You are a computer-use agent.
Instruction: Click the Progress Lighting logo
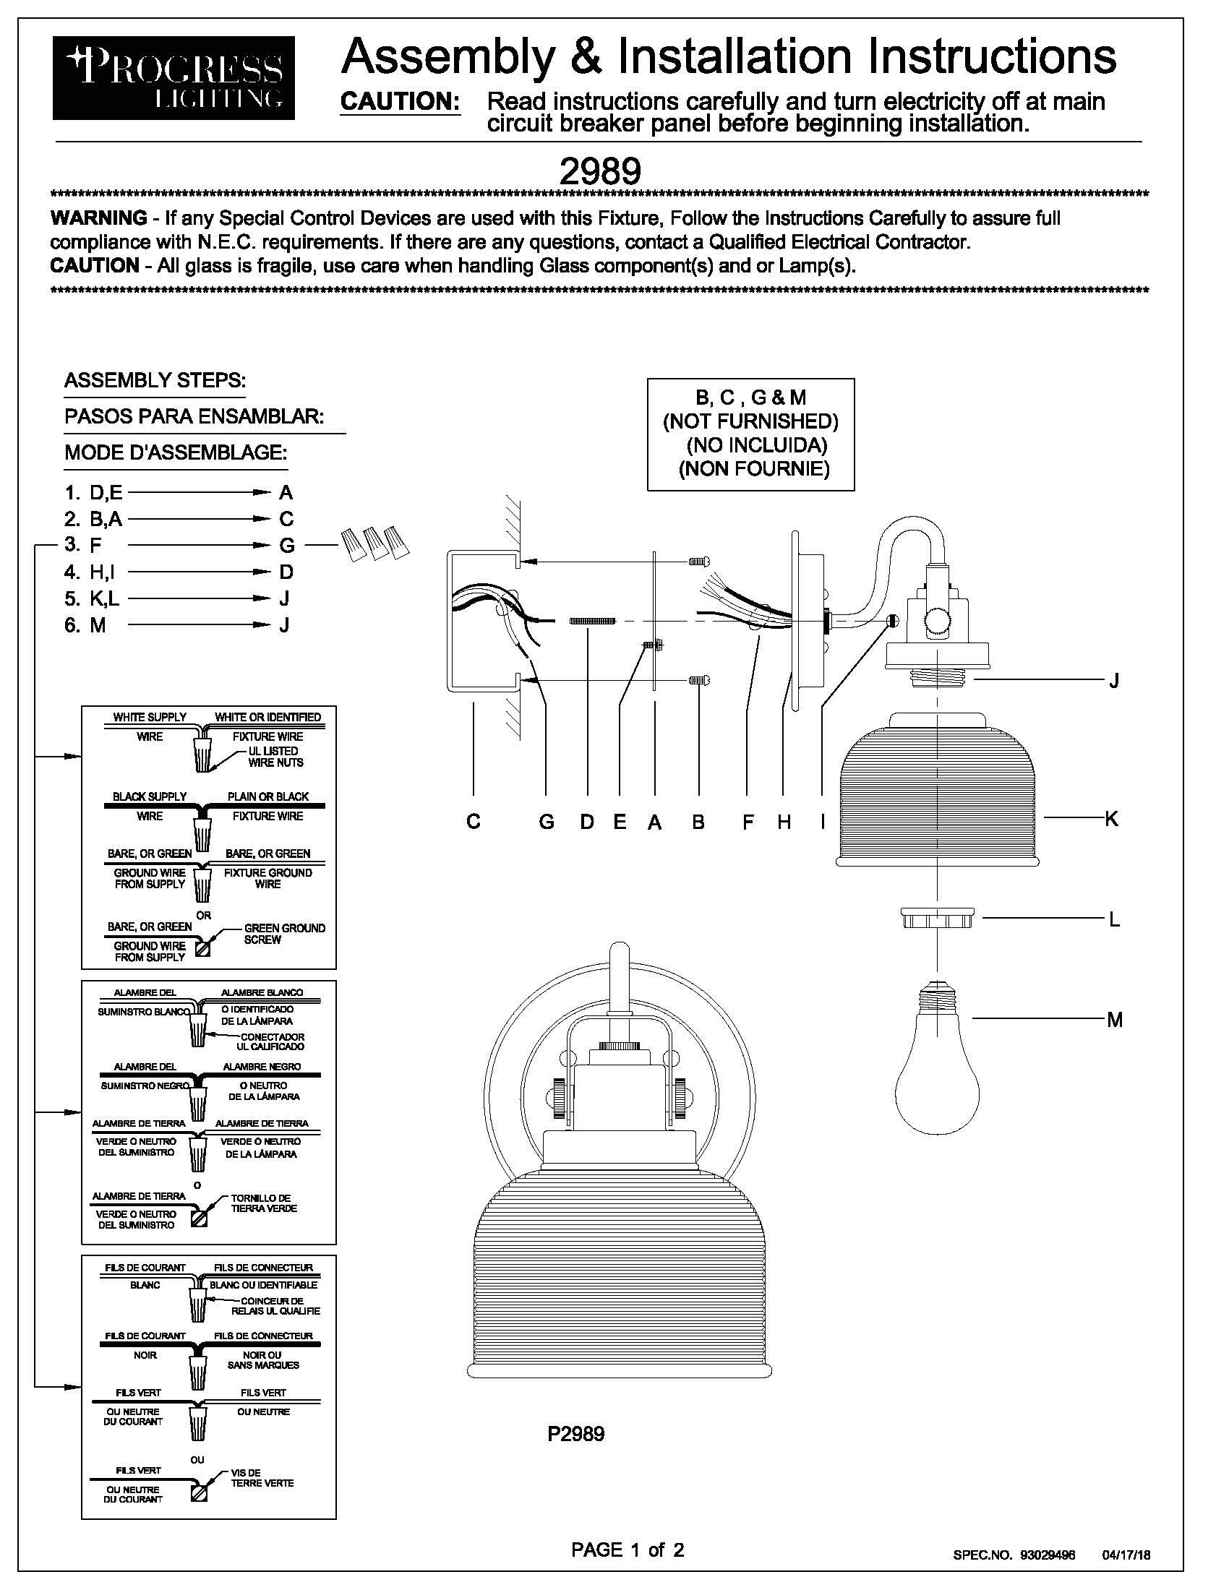point(174,78)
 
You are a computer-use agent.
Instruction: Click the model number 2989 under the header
point(599,172)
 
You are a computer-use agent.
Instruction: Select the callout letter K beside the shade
point(1110,818)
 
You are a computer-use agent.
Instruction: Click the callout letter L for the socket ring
point(1114,919)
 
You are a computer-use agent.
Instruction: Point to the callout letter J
point(1113,681)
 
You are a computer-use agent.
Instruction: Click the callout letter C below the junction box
point(474,822)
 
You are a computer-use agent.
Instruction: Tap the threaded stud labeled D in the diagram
point(592,620)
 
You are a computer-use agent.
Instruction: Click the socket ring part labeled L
point(936,918)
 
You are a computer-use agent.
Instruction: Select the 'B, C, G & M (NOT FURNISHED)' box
point(750,434)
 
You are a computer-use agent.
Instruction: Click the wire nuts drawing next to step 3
point(375,543)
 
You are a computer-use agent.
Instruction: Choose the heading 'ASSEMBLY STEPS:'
point(155,380)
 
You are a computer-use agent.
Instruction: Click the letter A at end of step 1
point(286,493)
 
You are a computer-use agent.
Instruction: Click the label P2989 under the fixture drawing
point(576,1434)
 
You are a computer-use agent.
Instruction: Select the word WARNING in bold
point(99,218)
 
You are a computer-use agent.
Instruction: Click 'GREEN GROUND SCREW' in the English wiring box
point(285,934)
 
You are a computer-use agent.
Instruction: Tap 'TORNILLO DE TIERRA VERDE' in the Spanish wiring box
point(265,1203)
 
